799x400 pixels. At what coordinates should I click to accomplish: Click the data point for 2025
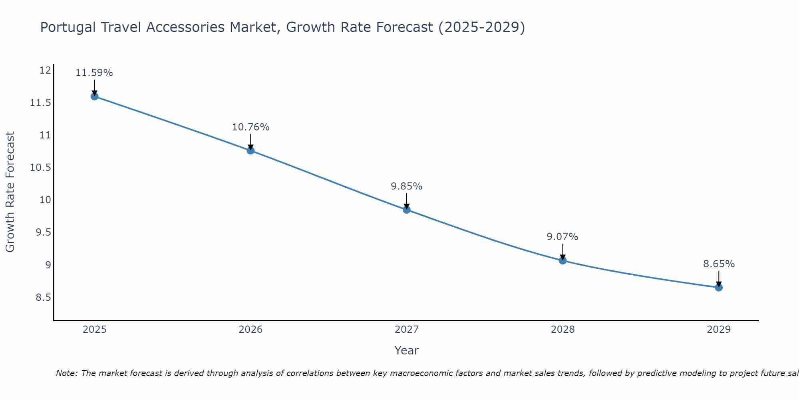point(94,96)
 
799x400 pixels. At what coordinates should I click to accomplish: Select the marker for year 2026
point(250,150)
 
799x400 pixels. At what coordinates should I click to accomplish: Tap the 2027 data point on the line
point(407,210)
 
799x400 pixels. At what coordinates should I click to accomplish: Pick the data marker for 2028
point(562,260)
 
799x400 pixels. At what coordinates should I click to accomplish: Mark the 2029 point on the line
point(719,287)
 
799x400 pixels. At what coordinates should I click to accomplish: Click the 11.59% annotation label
point(94,73)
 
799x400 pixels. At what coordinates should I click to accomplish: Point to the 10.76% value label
point(250,127)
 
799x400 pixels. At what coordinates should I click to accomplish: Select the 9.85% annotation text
point(407,186)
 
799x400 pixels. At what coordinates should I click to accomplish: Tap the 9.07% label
point(562,237)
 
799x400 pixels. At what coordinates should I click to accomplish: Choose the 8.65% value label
point(719,264)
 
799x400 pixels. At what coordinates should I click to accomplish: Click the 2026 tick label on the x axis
point(250,330)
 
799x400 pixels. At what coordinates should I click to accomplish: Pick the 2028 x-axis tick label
point(562,330)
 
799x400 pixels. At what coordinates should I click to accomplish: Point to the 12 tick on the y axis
point(46,70)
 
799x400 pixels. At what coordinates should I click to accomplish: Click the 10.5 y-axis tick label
point(41,168)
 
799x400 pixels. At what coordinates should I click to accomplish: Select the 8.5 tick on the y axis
point(43,297)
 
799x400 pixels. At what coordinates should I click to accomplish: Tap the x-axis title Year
point(407,350)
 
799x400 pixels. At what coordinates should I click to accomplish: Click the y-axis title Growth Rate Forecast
point(10,192)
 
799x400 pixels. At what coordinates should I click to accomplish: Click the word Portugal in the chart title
point(68,28)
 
